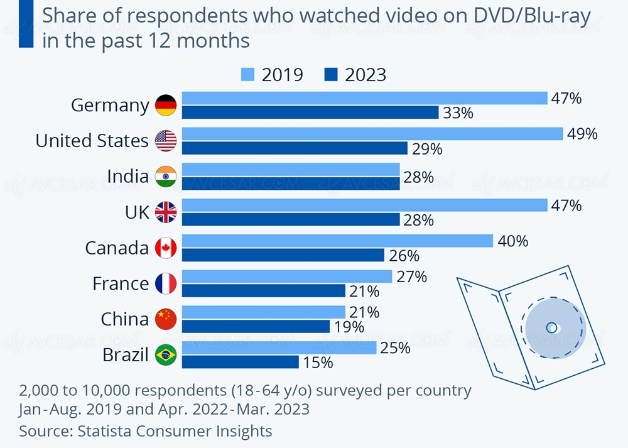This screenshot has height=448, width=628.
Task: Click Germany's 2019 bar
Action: tap(364, 98)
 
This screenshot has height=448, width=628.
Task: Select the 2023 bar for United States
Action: tap(295, 148)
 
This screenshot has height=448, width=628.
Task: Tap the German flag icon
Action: tap(166, 105)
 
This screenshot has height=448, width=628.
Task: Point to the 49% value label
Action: tap(582, 134)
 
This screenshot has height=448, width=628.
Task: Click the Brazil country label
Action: tap(126, 355)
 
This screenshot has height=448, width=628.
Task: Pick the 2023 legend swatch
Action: tap(332, 75)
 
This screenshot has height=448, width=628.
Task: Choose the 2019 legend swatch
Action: tap(249, 75)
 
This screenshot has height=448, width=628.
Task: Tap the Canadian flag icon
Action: tap(166, 248)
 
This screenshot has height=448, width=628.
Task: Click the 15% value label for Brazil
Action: tap(317, 363)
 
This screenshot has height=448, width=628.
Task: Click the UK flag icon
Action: tap(166, 212)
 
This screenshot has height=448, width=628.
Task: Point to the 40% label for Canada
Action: tap(512, 241)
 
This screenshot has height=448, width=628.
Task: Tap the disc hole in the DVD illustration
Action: tap(551, 327)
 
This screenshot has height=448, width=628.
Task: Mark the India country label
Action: tap(127, 177)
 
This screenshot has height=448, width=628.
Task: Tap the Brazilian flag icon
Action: tap(166, 356)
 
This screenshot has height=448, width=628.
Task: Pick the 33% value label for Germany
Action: tap(457, 113)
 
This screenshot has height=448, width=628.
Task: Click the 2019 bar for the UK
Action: tap(364, 205)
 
